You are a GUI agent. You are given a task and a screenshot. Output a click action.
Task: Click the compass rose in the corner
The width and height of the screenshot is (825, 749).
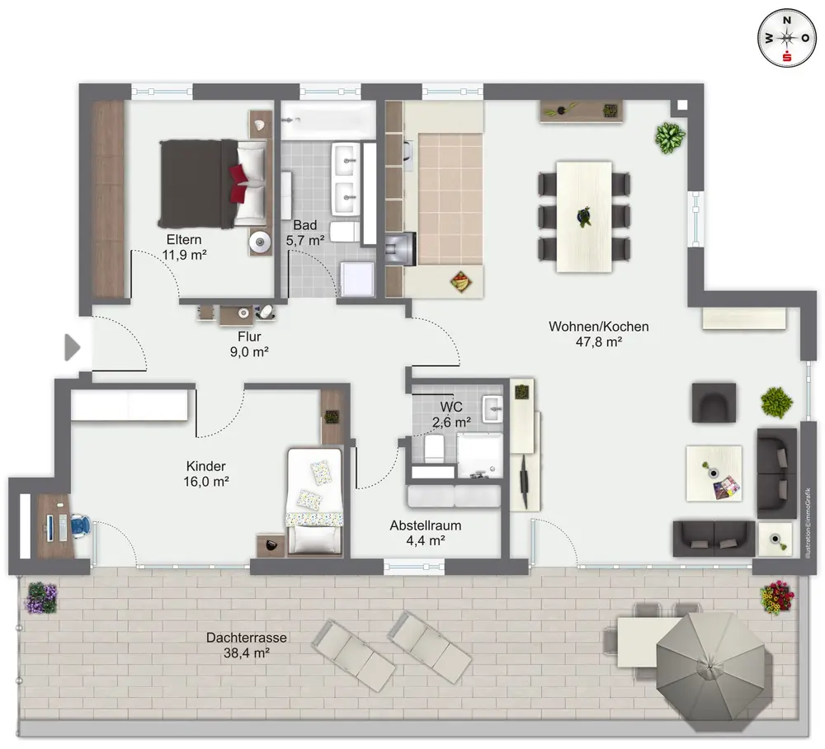pos(787,39)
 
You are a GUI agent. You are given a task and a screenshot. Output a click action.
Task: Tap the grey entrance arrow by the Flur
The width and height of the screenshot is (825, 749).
pos(72,347)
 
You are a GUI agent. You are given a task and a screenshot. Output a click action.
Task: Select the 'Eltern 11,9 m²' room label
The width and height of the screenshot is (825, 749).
pos(184,247)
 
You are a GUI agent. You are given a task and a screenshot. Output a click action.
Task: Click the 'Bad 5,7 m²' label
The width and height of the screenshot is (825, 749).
pos(305,233)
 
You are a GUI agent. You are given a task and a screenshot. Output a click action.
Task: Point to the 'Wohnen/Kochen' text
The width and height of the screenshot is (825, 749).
pos(599,326)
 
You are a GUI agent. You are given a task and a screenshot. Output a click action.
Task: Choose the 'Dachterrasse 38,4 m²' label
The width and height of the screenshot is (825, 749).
pos(246,645)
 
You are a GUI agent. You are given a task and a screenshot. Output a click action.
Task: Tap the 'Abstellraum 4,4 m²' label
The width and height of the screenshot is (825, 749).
pos(426,533)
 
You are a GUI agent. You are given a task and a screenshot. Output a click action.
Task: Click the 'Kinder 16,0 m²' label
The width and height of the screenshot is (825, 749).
pos(206,473)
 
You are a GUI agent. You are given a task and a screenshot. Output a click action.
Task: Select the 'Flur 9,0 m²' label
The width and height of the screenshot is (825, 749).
pos(249,344)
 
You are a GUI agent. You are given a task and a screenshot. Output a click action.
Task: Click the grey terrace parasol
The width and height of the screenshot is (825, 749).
pos(710,668)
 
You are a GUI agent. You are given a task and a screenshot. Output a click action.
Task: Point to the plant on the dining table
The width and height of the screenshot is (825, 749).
pos(584,216)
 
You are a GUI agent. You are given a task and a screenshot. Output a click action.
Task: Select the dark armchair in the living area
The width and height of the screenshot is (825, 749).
pos(714,403)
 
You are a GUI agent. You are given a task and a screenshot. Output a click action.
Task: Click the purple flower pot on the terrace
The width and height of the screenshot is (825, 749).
pos(41,598)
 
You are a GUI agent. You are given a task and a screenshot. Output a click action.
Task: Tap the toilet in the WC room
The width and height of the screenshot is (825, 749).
pos(435,448)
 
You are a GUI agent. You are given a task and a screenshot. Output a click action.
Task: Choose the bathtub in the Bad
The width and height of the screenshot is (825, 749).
pos(328,120)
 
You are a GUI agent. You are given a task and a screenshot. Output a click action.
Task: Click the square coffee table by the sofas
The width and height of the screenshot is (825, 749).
pos(714,473)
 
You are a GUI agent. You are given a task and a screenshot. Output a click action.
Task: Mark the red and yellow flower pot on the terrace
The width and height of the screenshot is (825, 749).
pos(776,597)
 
